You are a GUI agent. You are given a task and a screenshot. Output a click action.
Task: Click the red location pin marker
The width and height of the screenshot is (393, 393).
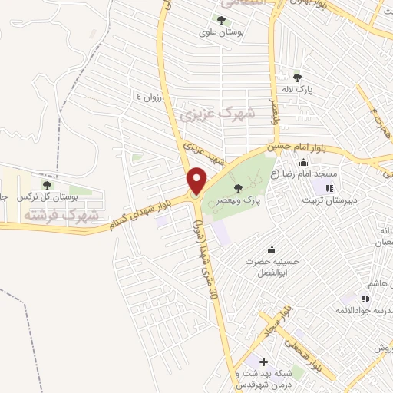coord(196,180)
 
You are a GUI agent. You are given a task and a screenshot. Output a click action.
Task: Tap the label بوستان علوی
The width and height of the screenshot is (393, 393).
coord(221,34)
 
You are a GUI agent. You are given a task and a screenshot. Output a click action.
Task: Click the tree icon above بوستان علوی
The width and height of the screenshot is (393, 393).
coord(221,21)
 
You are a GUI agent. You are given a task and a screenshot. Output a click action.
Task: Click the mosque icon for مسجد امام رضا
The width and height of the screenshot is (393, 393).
coord(304,162)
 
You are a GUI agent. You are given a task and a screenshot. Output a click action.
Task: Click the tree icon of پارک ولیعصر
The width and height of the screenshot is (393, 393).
coord(238,187)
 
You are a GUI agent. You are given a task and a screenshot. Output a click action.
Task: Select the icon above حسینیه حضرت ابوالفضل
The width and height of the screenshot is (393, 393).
coord(272,250)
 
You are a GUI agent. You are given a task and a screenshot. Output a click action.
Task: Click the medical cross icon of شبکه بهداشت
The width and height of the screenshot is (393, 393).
coord(263,361)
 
